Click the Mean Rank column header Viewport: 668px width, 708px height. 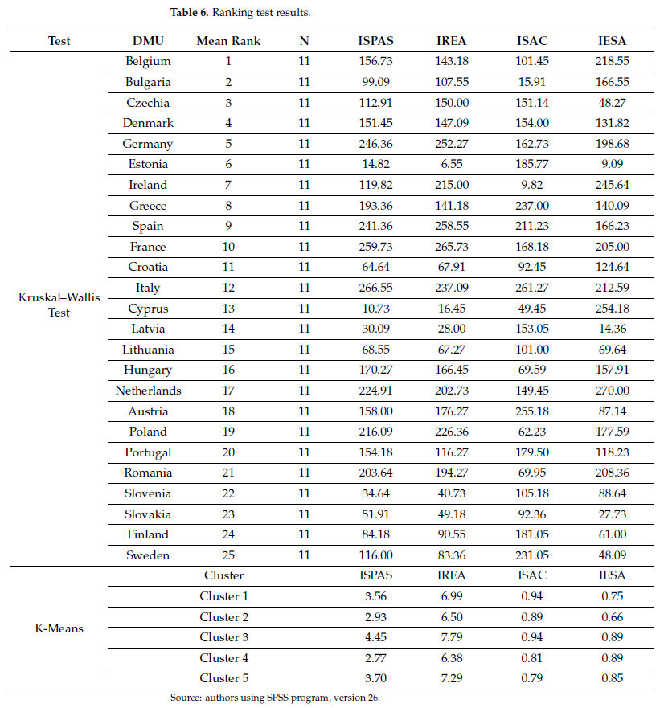point(227,40)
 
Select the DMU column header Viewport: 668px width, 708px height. point(148,40)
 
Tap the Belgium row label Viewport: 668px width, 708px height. point(148,61)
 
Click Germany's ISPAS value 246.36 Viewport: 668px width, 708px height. point(376,144)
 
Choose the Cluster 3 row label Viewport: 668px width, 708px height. point(223,637)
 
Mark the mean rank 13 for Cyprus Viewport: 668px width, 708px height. point(227,309)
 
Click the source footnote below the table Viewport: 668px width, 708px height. point(274,697)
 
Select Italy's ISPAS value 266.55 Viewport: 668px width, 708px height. point(376,288)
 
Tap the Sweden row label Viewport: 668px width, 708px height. point(148,555)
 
